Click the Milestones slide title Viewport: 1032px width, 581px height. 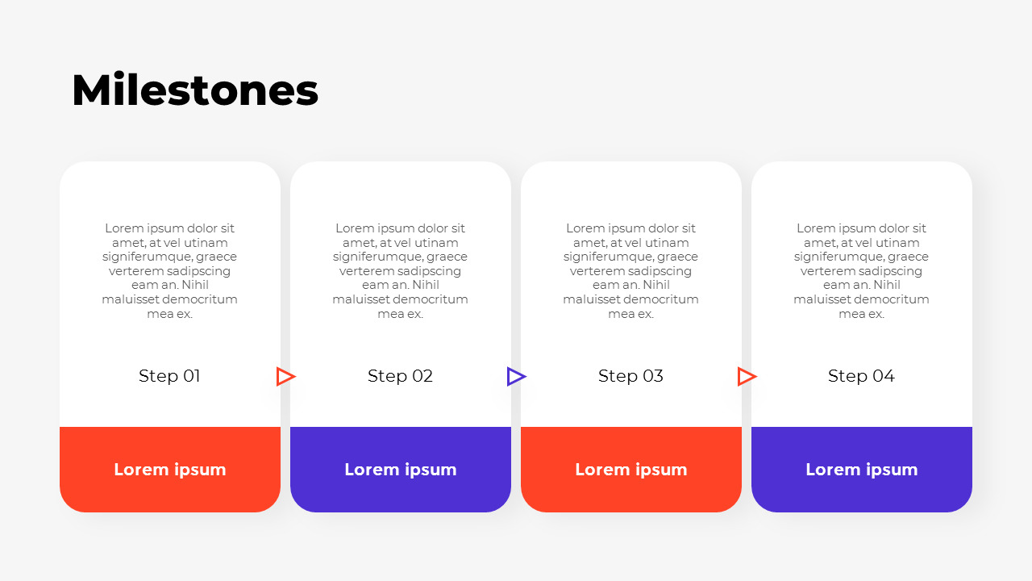tap(195, 90)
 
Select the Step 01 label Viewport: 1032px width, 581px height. tap(169, 376)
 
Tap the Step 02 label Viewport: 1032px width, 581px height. tap(400, 376)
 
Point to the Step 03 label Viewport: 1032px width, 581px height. tap(630, 376)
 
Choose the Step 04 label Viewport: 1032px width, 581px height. tap(861, 376)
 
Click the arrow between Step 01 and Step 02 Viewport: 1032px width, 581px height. tap(285, 376)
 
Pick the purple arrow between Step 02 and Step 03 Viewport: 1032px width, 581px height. tap(516, 376)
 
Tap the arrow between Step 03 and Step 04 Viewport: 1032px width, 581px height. tap(747, 376)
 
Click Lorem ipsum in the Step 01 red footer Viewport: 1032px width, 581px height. tap(170, 470)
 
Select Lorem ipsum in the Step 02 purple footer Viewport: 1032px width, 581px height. tap(401, 470)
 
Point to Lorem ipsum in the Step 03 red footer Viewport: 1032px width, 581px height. tap(631, 470)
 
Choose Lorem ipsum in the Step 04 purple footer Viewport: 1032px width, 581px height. tap(862, 470)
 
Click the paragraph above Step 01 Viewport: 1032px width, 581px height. tap(170, 271)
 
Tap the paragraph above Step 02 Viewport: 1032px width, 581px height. tap(401, 271)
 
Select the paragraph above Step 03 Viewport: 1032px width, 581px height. tap(631, 271)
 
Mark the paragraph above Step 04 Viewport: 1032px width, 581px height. tap(862, 271)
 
